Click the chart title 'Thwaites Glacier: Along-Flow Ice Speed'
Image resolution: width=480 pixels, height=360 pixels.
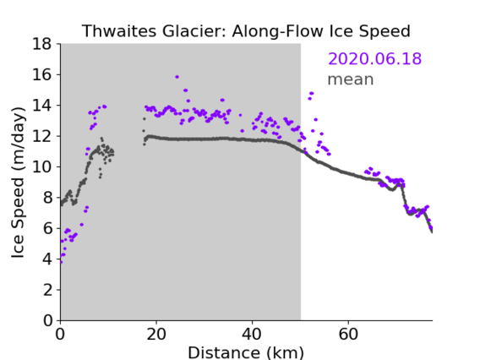click(246, 31)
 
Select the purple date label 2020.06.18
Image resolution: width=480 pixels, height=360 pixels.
click(374, 58)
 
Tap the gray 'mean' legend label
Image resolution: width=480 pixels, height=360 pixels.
click(351, 79)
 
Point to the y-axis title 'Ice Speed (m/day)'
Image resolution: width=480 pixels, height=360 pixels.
click(18, 183)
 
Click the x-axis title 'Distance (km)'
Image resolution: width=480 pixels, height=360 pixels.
click(246, 352)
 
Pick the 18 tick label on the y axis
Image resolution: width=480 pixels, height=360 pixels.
click(41, 44)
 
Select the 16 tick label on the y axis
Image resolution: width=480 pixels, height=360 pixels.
click(41, 74)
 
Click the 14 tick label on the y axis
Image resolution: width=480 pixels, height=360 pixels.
click(41, 106)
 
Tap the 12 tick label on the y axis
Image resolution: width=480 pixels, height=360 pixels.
click(41, 136)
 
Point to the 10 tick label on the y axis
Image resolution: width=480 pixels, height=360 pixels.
click(41, 167)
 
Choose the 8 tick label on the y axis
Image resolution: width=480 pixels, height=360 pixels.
click(47, 198)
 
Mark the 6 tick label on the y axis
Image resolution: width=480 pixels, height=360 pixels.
click(47, 229)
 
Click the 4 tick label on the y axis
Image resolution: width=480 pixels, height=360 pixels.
click(47, 259)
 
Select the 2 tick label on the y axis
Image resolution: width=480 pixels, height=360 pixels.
click(47, 290)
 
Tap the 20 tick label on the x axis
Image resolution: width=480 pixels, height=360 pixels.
click(156, 335)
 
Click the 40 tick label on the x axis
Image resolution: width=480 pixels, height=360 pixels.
click(252, 335)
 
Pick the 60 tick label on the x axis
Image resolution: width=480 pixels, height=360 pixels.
click(348, 335)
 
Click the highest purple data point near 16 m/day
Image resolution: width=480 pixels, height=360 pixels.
click(177, 77)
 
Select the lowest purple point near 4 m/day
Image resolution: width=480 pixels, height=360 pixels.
click(61, 262)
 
